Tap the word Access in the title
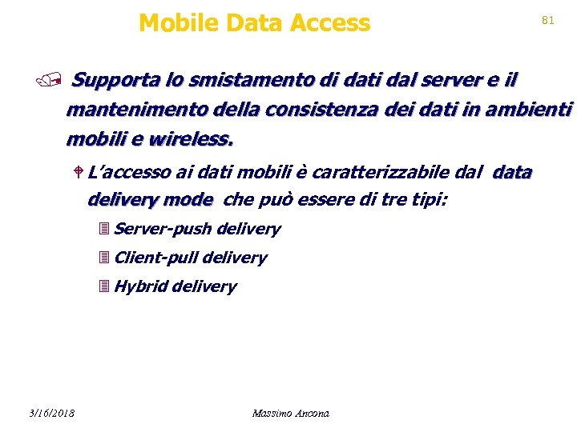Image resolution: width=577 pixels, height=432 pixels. click(x=330, y=23)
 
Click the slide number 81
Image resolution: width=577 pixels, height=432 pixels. click(x=548, y=20)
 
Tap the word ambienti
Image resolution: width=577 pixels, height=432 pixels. click(x=535, y=110)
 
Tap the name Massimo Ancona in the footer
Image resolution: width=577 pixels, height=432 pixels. click(x=290, y=414)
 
